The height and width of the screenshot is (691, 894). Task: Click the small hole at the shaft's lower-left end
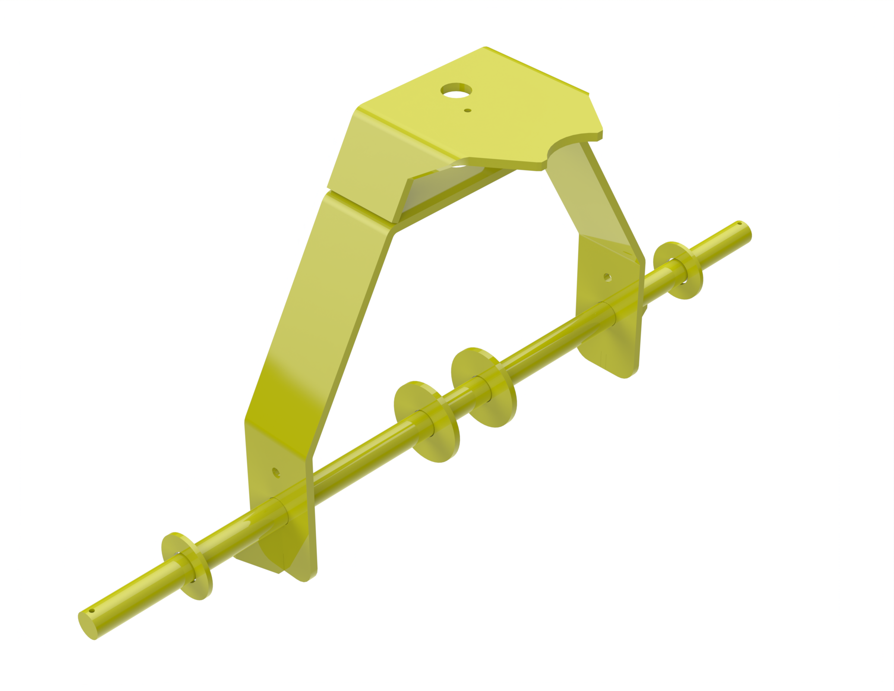click(92, 611)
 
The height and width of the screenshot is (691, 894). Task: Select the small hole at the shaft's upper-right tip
click(739, 223)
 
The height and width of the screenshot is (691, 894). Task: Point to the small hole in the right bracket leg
click(607, 278)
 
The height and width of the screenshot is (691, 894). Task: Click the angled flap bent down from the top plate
click(381, 164)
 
